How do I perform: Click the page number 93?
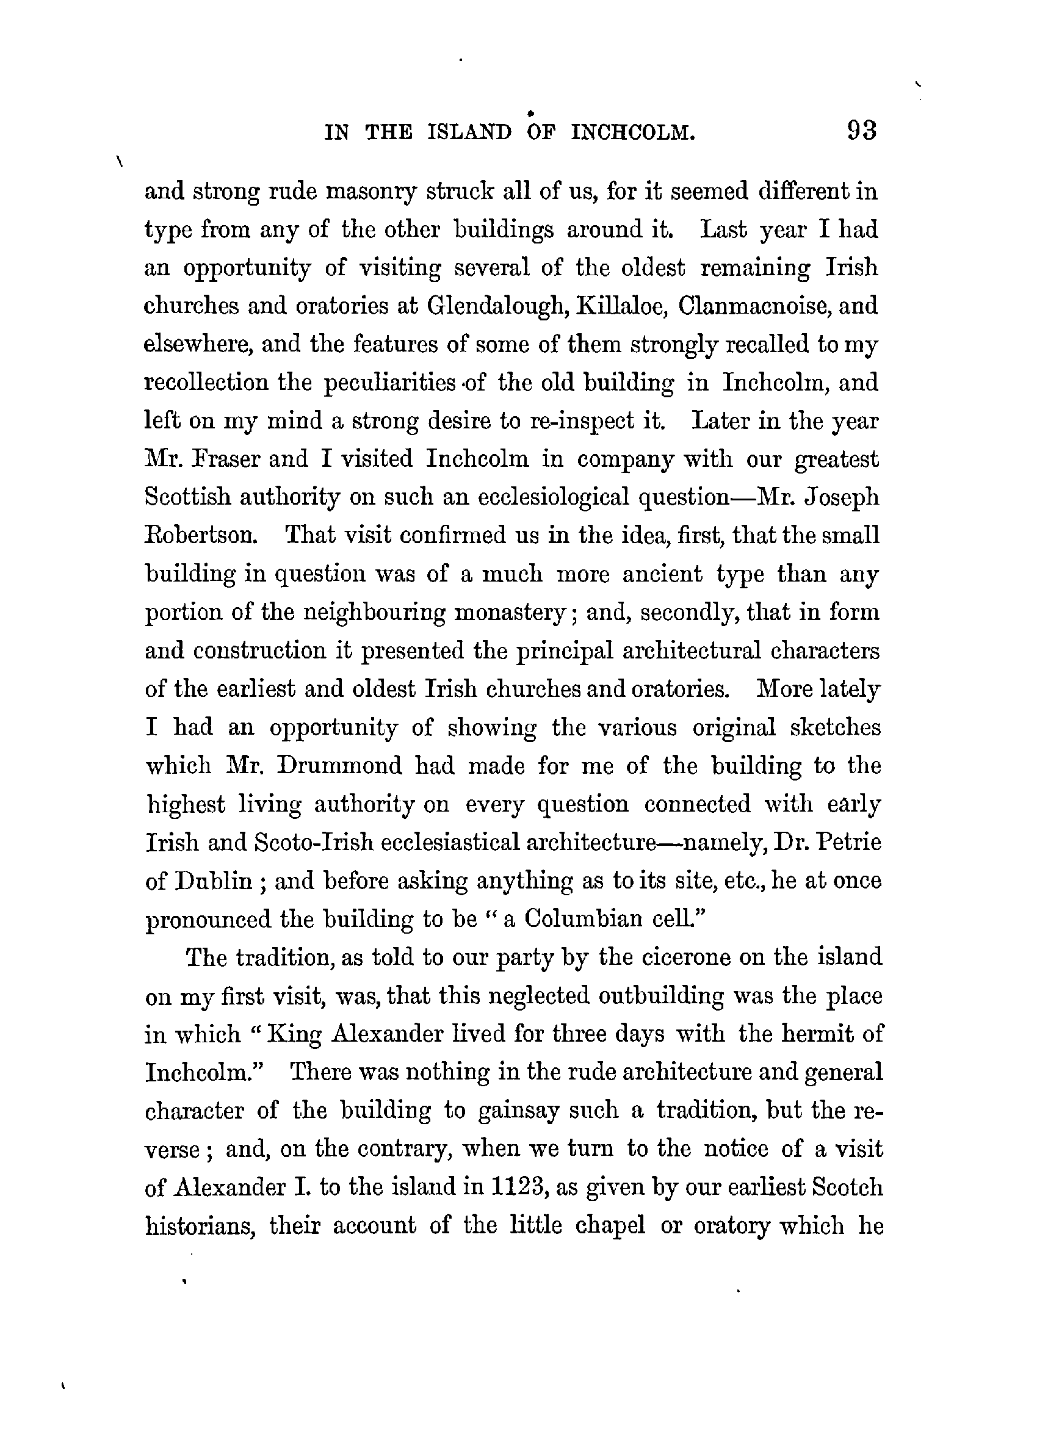(x=862, y=131)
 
